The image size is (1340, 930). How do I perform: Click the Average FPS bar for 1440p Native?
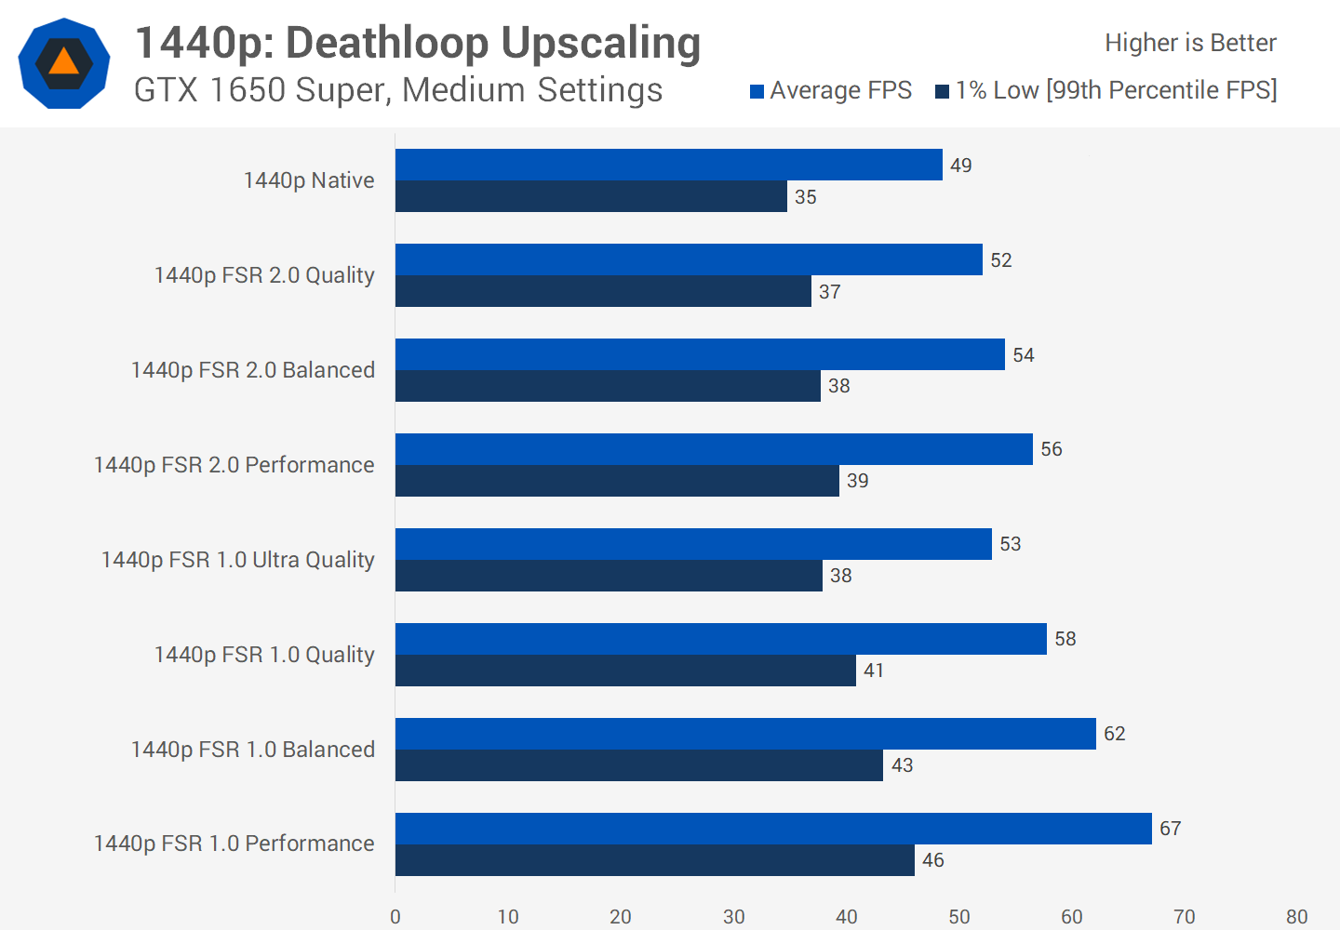point(668,165)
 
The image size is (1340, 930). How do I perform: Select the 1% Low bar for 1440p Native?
point(591,196)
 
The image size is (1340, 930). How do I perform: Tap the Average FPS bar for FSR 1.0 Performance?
point(773,829)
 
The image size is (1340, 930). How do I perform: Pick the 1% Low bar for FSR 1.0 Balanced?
point(639,765)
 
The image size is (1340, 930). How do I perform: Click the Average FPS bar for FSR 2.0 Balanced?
point(700,354)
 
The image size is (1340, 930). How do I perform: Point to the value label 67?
point(1170,829)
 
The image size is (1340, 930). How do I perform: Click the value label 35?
point(805,197)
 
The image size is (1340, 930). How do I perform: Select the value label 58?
point(1065,639)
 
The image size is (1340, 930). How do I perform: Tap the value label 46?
point(932,860)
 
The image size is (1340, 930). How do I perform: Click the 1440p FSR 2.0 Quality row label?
point(264,275)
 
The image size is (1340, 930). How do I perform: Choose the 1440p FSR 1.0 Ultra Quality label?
point(237,560)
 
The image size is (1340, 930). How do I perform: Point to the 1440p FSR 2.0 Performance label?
point(234,465)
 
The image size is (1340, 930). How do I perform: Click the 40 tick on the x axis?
point(846,917)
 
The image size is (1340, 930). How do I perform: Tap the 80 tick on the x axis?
point(1296,917)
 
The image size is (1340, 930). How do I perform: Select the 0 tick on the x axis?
point(395,917)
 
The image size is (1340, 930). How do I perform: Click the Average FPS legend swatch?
point(757,91)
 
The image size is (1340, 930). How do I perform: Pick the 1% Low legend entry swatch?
point(942,91)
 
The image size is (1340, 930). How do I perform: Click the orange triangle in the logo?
point(63,61)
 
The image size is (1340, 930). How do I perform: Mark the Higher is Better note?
point(1190,43)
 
